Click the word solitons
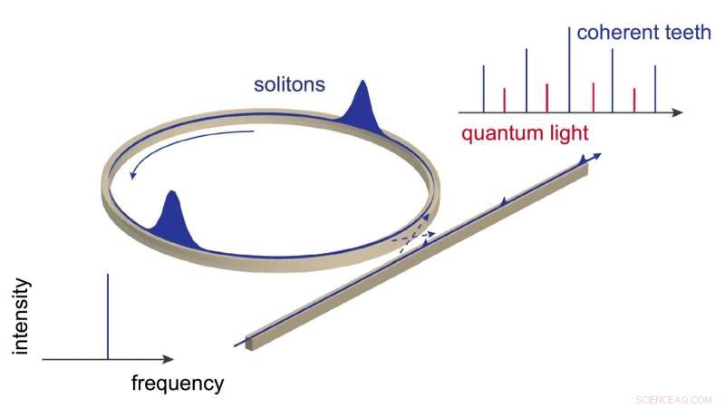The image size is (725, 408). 289,88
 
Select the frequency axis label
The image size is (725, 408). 178,383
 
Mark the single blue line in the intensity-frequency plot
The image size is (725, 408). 108,317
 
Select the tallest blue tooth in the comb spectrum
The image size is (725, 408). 569,68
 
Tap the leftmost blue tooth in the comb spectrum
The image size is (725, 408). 484,89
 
